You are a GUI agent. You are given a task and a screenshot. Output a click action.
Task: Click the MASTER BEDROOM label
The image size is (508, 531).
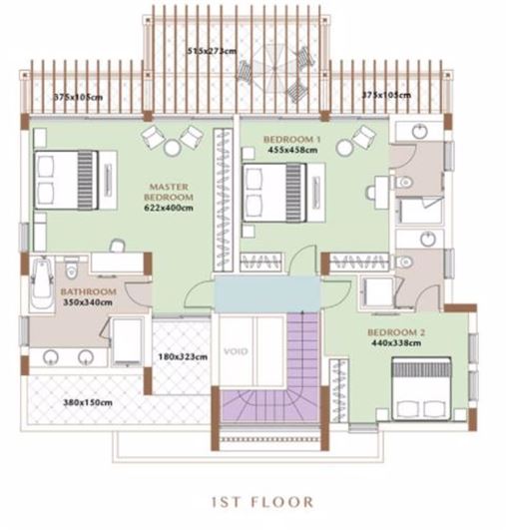tap(169, 192)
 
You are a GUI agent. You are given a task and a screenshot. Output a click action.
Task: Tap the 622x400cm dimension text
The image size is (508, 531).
tap(169, 208)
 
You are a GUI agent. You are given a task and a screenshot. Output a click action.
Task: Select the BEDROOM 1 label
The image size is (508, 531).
tap(292, 139)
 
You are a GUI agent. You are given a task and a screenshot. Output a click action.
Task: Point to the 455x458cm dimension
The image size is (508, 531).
tap(292, 150)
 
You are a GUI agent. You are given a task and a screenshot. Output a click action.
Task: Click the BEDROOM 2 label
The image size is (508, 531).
tap(396, 332)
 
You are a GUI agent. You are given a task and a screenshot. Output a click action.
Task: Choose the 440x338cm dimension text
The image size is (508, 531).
tap(396, 342)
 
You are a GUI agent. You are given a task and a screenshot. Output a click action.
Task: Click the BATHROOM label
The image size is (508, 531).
tap(88, 291)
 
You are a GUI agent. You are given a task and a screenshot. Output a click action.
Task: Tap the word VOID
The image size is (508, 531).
tap(236, 351)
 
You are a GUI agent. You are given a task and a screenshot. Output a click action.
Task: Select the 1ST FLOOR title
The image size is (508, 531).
tap(262, 501)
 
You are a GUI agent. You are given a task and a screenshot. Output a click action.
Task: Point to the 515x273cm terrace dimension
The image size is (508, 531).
tap(212, 51)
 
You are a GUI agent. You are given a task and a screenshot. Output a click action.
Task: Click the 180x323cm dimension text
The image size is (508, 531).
tap(183, 357)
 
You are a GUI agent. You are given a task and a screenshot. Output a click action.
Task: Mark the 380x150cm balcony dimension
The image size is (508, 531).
tap(88, 402)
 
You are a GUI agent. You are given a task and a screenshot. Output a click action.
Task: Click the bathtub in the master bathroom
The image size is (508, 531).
tap(42, 282)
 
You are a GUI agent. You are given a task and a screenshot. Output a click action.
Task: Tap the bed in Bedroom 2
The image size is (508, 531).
tap(421, 388)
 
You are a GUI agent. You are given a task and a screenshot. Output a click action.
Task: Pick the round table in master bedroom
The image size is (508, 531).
tap(173, 148)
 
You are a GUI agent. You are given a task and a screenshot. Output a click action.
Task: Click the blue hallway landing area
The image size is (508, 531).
tap(267, 293)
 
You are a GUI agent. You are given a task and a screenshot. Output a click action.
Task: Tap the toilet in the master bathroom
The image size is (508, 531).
tap(71, 267)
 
